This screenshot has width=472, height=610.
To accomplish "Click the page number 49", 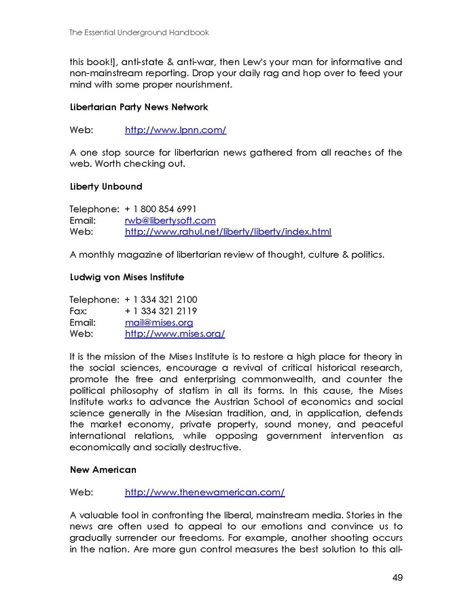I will (x=397, y=578).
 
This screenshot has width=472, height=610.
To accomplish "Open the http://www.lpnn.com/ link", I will (x=175, y=130).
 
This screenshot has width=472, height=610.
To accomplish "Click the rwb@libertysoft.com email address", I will (x=170, y=220).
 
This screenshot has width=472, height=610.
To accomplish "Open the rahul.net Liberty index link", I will (x=228, y=231).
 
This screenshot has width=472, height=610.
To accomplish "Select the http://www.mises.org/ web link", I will (x=175, y=334).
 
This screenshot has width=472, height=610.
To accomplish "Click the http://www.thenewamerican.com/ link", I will (x=204, y=493).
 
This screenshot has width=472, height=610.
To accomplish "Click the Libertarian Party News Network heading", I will (x=139, y=107).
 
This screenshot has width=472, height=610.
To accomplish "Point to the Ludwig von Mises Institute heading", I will (x=126, y=277).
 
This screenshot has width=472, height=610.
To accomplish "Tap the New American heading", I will (x=103, y=470).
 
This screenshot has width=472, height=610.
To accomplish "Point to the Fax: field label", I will (x=79, y=311).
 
